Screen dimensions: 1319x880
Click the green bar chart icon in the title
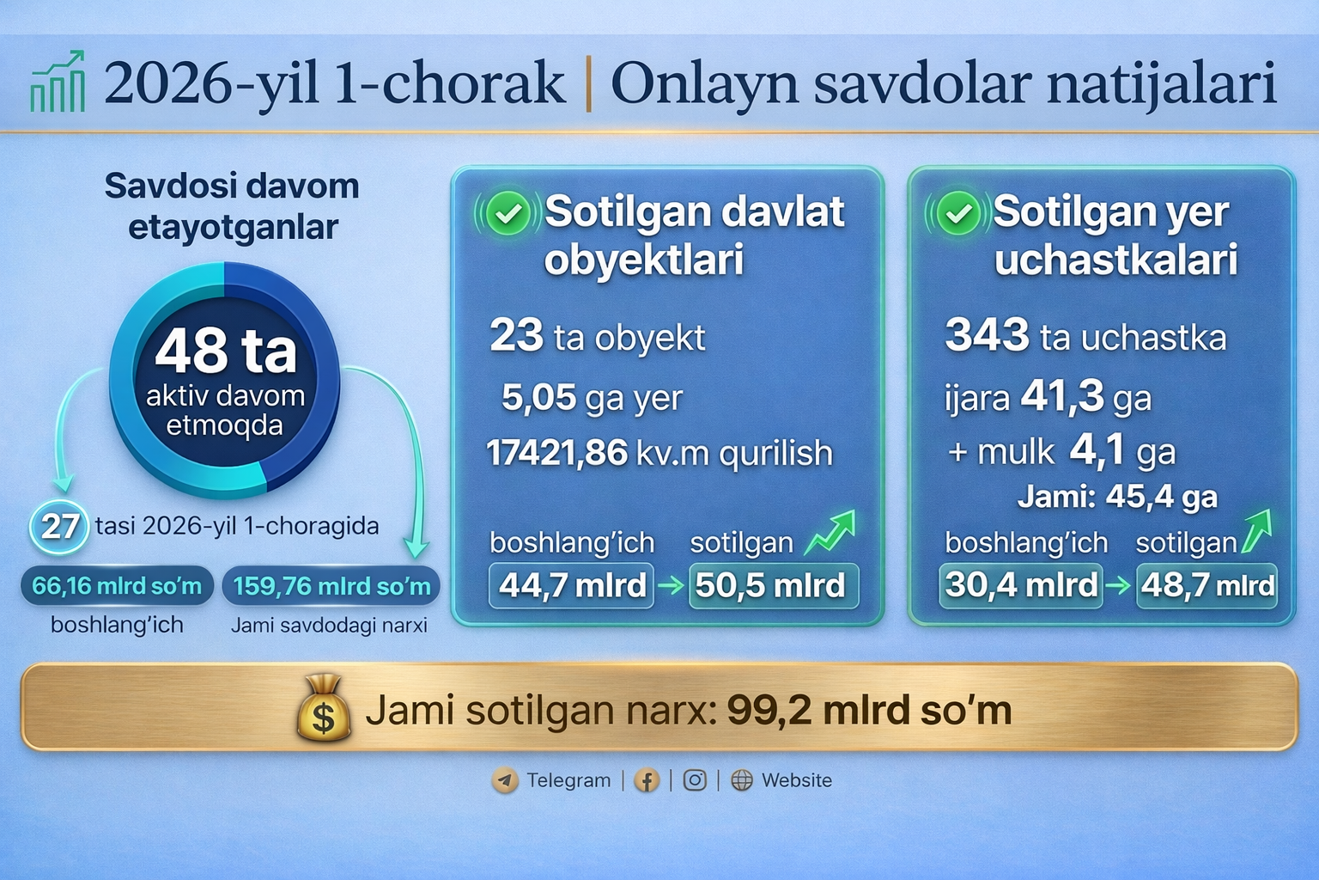pos(58,81)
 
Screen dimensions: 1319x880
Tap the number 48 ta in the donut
pos(226,351)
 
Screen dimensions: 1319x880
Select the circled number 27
pos(59,526)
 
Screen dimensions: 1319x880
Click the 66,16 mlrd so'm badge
pos(117,586)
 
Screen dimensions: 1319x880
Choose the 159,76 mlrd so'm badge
pos(331,586)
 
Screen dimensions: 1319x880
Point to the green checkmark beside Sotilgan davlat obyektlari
pos(508,213)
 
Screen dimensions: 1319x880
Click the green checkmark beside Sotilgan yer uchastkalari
pos(958,213)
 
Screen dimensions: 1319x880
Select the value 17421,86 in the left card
pos(557,453)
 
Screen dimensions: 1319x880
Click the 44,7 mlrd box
pos(571,586)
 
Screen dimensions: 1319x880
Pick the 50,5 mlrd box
pos(774,586)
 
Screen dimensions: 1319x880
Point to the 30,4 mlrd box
pos(1020,586)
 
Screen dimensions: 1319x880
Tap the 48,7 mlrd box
pos(1207,586)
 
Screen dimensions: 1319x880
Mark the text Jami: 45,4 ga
pos(1117,497)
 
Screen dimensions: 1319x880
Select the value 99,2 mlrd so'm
pos(869,710)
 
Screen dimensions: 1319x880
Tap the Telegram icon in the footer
pos(505,780)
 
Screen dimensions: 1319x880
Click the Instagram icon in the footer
pos(695,780)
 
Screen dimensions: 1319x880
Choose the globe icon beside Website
pos(742,780)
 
